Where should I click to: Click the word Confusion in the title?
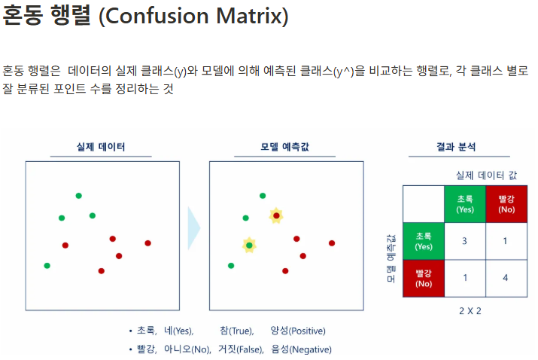[157, 16]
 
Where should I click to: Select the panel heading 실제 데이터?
[101, 147]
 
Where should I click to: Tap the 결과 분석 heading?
[456, 147]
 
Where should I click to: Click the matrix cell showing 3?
[465, 241]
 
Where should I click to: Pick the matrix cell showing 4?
[506, 278]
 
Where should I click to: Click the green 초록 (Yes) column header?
[465, 204]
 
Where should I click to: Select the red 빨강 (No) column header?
[506, 204]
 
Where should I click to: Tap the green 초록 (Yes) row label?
[424, 241]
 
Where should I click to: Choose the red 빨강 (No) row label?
[424, 278]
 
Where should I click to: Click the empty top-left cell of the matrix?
[424, 204]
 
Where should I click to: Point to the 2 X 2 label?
[470, 311]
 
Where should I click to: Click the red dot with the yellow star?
[276, 215]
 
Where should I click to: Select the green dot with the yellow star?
[249, 246]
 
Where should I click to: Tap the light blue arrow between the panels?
[194, 228]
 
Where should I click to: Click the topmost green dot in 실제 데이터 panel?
[78, 196]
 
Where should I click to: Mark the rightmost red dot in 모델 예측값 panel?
[332, 243]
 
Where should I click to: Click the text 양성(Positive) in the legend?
[298, 331]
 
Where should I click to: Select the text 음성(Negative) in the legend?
[301, 349]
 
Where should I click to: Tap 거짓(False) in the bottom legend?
[241, 349]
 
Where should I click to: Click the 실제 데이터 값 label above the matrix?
[486, 175]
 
